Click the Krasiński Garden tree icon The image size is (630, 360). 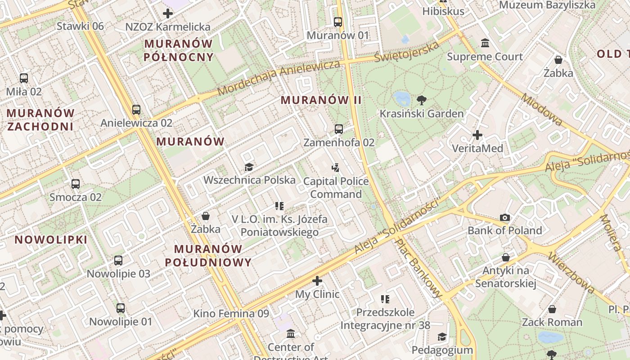pos(421,100)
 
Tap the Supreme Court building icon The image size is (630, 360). pos(485,43)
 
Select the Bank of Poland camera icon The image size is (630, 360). pos(505,218)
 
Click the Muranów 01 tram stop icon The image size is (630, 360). pos(337,22)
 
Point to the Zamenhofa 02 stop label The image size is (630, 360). pos(339,143)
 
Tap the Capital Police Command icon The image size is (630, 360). pos(335,168)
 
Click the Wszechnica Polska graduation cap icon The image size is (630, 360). pos(249,167)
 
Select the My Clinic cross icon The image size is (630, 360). pos(317,281)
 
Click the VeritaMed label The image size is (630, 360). pos(477,148)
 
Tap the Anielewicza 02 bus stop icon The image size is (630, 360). pos(136,109)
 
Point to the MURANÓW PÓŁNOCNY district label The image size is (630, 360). pos(179,50)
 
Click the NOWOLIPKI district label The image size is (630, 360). pos(51,240)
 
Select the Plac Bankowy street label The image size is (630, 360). pos(419,268)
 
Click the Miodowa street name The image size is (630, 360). pos(542,109)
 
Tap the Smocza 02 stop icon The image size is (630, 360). pos(76,184)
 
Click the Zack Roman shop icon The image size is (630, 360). pos(552,309)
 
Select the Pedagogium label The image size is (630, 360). pos(442,350)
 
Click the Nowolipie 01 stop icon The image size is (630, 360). pos(121,308)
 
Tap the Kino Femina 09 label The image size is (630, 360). pos(231,314)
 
